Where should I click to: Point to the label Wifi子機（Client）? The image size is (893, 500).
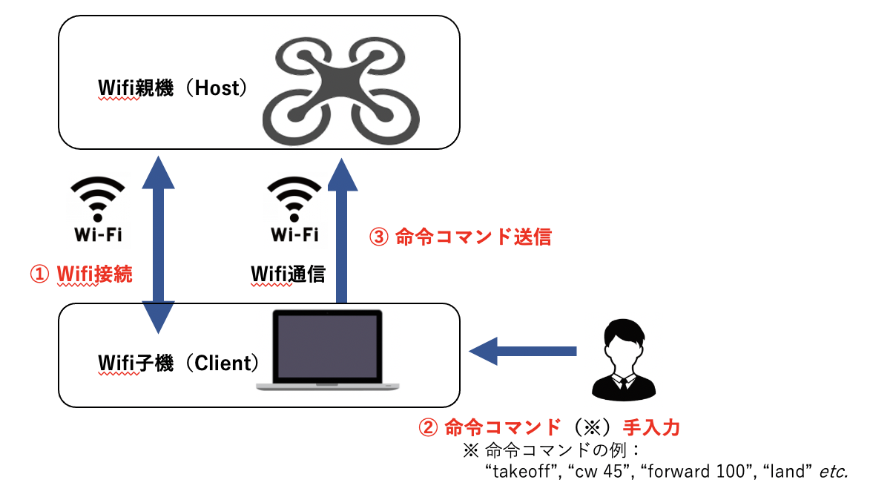(179, 363)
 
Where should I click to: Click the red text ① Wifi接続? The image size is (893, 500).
(81, 274)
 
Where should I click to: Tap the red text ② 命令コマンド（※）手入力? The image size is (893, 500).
(550, 427)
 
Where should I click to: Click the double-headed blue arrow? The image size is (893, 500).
(159, 244)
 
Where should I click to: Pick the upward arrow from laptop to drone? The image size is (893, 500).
(341, 230)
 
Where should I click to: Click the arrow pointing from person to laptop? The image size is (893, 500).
(523, 350)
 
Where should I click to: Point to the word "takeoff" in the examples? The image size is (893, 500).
(521, 472)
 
